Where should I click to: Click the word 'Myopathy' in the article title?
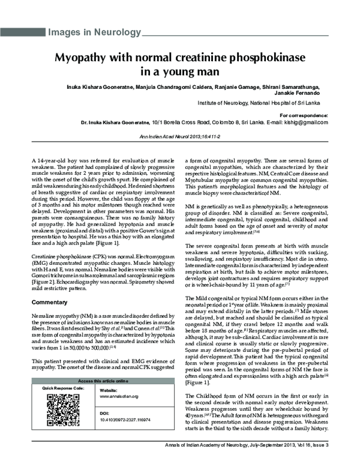(x=83, y=59)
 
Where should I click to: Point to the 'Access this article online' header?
(x=103, y=381)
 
